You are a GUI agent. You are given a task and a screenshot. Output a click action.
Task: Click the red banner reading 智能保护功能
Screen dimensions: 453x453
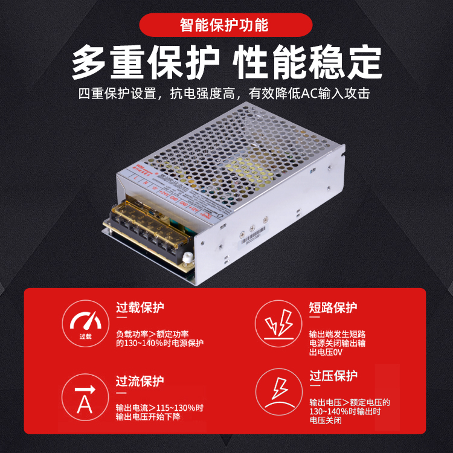click(226, 25)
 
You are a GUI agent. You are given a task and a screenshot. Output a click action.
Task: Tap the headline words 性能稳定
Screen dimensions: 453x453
click(308, 62)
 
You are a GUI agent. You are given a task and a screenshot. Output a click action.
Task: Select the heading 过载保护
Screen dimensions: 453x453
click(140, 307)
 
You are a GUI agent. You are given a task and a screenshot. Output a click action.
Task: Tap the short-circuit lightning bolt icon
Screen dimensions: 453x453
click(278, 324)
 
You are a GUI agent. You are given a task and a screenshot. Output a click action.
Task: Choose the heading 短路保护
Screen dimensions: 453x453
click(333, 307)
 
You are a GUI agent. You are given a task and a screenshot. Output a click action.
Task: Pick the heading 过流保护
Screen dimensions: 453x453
click(140, 382)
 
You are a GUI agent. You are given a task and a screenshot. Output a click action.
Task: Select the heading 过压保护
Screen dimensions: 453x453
click(333, 376)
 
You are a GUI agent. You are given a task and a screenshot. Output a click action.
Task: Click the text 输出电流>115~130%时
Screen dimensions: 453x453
click(160, 407)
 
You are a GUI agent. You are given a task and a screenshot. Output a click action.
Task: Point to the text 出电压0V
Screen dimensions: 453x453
click(326, 353)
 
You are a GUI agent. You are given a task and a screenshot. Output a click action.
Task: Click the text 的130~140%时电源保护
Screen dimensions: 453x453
click(160, 343)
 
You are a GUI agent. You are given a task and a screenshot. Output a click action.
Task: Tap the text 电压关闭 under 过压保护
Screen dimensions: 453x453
click(326, 420)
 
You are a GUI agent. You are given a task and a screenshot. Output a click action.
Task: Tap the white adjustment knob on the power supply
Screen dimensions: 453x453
click(187, 258)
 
